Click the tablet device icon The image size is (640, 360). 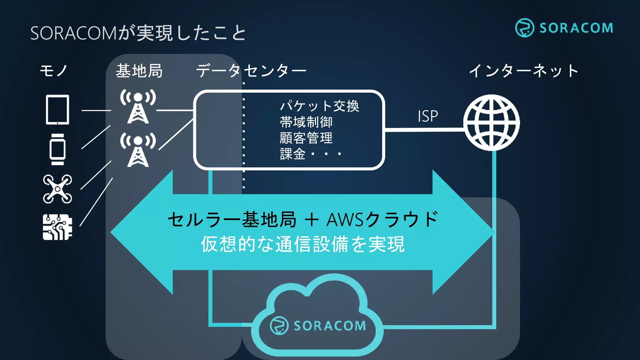click(x=57, y=110)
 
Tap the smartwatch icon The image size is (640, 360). click(x=57, y=149)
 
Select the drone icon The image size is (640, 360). click(x=57, y=189)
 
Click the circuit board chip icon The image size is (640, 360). click(x=57, y=227)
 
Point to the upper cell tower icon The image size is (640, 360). click(x=138, y=106)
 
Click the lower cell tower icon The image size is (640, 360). click(x=138, y=150)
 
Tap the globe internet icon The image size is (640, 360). click(x=492, y=122)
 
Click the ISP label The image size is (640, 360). click(x=428, y=116)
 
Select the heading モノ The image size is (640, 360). click(x=54, y=71)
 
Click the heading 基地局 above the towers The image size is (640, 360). click(x=139, y=71)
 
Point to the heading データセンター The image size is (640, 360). click(x=251, y=71)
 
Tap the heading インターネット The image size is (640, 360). click(x=523, y=71)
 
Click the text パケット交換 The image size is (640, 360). click(x=319, y=106)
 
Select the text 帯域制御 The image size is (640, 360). click(x=306, y=122)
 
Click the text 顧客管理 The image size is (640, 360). click(x=306, y=138)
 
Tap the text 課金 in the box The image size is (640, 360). click(x=293, y=154)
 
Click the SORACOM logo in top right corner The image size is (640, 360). click(x=564, y=28)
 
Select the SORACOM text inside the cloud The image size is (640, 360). click(x=330, y=326)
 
